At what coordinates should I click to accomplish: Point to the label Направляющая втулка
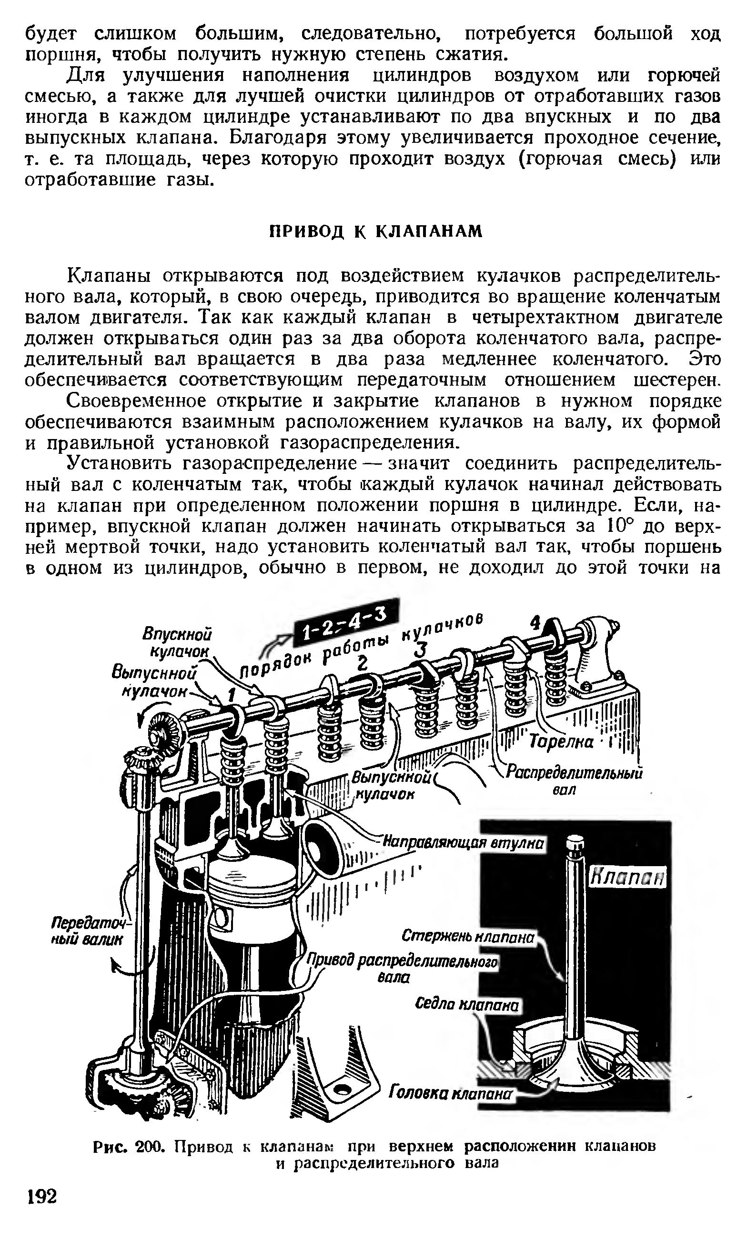point(463,843)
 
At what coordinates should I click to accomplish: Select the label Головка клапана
point(451,1094)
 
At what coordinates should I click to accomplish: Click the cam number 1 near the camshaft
point(231,694)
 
